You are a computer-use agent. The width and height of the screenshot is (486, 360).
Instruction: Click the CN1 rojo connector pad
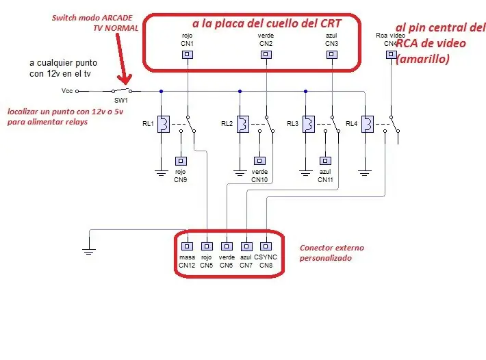click(187, 55)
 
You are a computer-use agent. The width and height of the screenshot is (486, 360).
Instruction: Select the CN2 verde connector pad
click(266, 55)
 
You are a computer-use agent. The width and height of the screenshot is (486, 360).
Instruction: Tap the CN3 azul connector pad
click(332, 55)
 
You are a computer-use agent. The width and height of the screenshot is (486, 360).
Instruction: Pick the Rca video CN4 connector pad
click(391, 55)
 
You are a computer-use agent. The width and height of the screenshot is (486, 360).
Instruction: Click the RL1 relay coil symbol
click(164, 125)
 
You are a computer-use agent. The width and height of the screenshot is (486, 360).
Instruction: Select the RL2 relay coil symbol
click(243, 125)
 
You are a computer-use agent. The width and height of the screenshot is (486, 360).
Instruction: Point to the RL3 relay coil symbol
click(309, 125)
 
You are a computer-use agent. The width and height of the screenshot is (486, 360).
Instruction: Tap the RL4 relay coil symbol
click(368, 125)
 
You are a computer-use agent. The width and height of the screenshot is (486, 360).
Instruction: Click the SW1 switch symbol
click(122, 90)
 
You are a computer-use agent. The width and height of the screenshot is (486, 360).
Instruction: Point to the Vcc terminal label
click(67, 91)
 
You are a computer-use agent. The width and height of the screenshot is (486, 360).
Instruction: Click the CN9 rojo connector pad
click(181, 161)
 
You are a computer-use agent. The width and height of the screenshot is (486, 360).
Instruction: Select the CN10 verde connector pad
click(259, 161)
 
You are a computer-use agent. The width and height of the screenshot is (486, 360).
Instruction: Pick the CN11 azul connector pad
click(325, 161)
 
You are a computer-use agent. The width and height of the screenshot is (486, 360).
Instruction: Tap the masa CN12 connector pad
click(187, 246)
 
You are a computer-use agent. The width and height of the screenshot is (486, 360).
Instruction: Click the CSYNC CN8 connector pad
click(266, 246)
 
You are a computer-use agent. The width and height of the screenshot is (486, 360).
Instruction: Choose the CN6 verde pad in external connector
click(227, 246)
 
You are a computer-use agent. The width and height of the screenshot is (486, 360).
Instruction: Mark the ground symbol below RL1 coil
click(161, 173)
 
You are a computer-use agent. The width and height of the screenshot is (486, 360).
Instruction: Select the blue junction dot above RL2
click(240, 92)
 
